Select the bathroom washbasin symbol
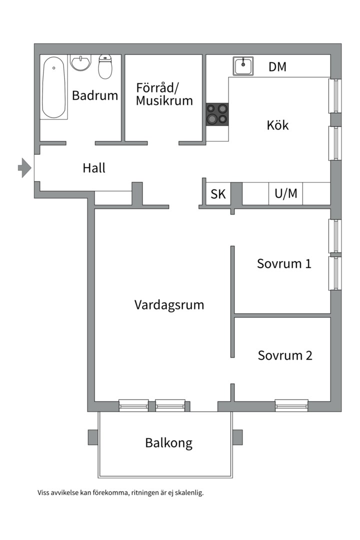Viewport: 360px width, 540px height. [80, 63]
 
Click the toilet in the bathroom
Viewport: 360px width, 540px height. [105, 66]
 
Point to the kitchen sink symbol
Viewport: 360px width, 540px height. [243, 66]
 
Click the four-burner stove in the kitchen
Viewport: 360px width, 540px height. [217, 113]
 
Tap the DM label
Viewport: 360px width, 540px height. [277, 66]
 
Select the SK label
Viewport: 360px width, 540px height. [218, 194]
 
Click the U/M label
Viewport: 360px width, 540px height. [286, 194]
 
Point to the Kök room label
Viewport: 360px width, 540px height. [277, 125]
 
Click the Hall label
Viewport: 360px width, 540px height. [94, 168]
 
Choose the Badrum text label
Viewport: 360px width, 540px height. [95, 95]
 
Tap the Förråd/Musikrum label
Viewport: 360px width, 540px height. [164, 94]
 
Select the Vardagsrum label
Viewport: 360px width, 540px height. [169, 304]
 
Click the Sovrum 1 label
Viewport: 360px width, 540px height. [284, 263]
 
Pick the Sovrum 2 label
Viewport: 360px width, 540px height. [285, 355]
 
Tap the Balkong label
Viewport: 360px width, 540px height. [168, 443]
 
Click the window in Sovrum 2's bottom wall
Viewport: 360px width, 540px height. [291, 405]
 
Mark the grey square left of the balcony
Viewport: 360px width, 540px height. [93, 436]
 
